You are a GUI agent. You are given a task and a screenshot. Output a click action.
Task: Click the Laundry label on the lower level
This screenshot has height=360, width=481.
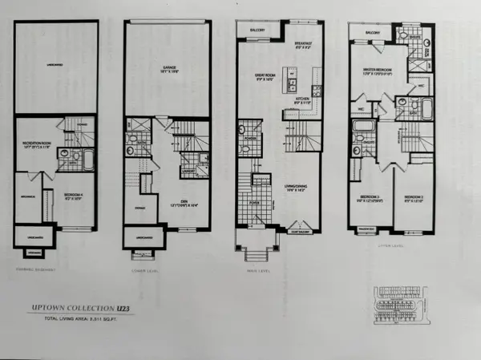click(x=189, y=170)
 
